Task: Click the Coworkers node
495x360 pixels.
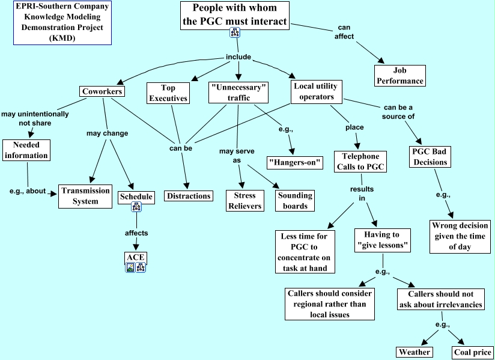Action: point(102,92)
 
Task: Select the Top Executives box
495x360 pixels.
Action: point(168,93)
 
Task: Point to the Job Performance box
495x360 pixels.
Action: point(400,76)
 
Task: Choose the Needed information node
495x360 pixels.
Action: point(25,150)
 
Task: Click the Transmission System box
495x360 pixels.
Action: point(85,196)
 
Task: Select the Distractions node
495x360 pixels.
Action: point(189,196)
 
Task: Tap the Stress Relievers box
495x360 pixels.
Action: point(244,200)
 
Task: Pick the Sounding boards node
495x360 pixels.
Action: point(295,200)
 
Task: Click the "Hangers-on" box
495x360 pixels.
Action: point(295,162)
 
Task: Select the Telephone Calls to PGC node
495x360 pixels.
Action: point(360,162)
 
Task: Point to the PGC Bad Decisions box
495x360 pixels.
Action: point(430,157)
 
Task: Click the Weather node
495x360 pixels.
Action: point(415,352)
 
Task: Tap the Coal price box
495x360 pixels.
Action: point(472,352)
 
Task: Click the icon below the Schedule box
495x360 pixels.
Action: point(136,207)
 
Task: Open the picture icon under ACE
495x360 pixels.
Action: point(130,268)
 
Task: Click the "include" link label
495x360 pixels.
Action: point(238,57)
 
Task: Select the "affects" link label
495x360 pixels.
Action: point(136,233)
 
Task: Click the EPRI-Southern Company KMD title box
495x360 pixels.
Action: point(63,23)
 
